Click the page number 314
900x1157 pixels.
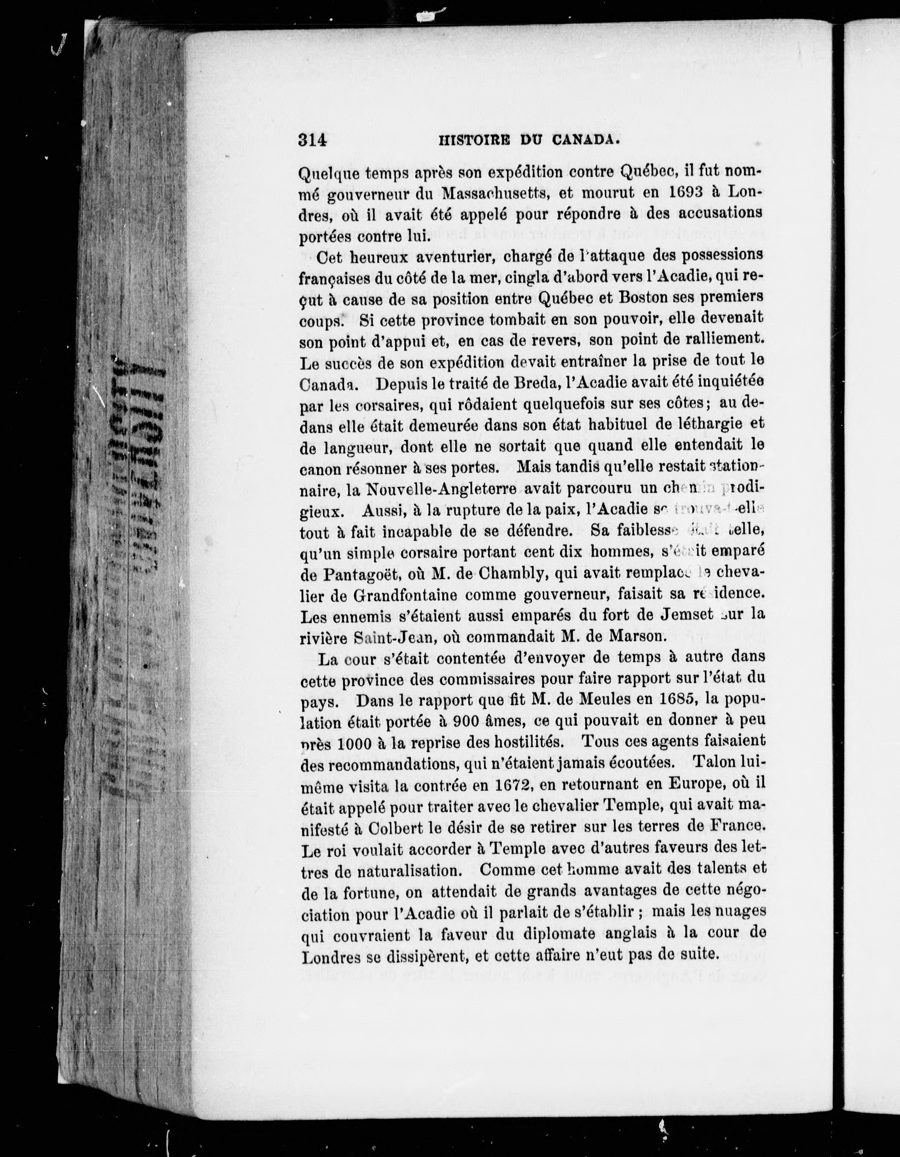[313, 140]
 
